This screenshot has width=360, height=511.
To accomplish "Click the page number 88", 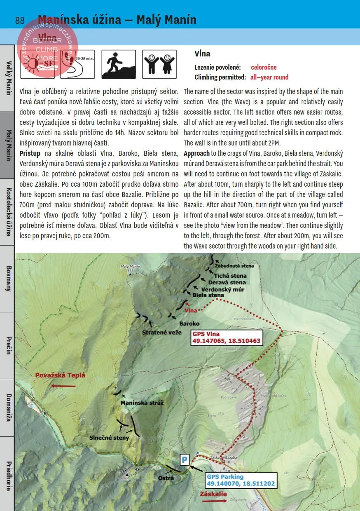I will tap(20, 20).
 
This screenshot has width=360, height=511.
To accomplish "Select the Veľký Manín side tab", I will tap(8, 78).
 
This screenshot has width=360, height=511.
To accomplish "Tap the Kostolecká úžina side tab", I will tap(8, 212).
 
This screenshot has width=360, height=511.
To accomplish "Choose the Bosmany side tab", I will tap(8, 279).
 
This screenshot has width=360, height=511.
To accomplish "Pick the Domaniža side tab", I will tap(8, 408).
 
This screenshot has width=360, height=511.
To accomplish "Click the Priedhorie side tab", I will tap(8, 474).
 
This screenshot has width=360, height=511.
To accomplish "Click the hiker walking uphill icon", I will tap(118, 65).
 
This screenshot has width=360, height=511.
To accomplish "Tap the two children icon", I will tap(159, 65).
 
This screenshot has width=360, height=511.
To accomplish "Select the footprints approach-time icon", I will tap(77, 65).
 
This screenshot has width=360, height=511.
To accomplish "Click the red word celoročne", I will tap(264, 67).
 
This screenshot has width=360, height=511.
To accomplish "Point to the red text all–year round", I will tap(269, 77).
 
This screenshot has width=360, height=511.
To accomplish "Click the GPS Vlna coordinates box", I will tap(227, 338).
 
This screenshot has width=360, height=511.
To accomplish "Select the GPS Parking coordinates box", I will tap(241, 480).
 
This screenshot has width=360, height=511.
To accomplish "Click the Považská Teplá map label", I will tap(60, 375).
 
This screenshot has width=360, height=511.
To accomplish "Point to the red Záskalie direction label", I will tap(213, 494).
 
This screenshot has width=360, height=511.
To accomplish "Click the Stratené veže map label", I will tap(161, 332).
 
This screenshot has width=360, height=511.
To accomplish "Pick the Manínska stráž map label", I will tap(142, 403).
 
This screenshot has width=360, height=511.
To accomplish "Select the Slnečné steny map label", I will tap(109, 438).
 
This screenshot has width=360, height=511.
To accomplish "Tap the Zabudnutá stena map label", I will tap(234, 266).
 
